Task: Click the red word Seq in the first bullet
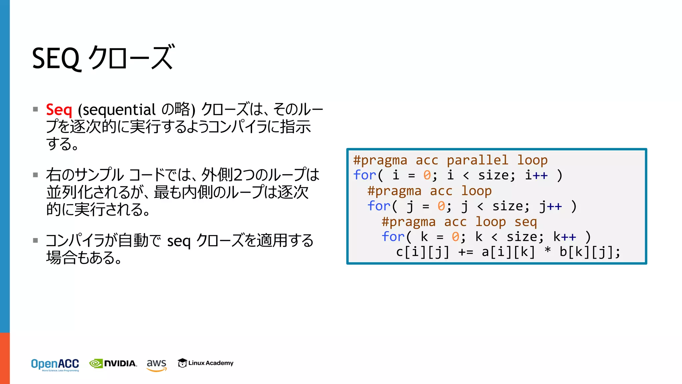tap(59, 110)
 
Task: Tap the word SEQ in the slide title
tap(56, 58)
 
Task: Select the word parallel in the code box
tap(477, 160)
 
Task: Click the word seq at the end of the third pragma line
tap(525, 222)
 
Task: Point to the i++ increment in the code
tap(536, 175)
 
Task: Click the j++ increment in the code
tap(550, 206)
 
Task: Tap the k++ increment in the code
tap(564, 237)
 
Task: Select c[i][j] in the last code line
tap(423, 252)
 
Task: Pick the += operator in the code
tap(466, 252)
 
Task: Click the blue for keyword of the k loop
tap(393, 237)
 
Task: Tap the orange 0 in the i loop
tap(427, 175)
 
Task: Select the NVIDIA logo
tap(113, 363)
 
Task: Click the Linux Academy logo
tap(205, 363)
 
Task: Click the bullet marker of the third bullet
tap(36, 240)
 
